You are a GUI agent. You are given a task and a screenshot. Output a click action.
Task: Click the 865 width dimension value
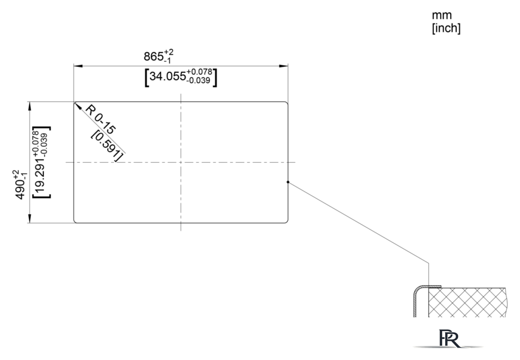[x=154, y=57]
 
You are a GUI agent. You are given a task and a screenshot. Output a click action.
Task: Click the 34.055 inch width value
[x=168, y=76]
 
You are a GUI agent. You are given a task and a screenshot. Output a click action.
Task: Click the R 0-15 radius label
[x=101, y=119]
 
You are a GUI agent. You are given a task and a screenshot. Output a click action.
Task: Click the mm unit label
[x=442, y=15]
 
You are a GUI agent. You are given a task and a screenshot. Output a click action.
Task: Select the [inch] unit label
[x=446, y=28]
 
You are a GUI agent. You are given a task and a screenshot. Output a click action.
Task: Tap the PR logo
[x=449, y=338]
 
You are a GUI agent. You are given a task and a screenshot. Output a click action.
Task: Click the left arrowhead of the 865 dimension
[x=78, y=66]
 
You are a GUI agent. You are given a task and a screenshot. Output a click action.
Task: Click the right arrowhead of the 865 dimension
[x=284, y=66]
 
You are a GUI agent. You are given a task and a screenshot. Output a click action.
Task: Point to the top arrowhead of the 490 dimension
[x=30, y=106]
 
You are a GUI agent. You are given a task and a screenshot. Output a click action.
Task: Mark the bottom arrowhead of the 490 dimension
[x=30, y=218]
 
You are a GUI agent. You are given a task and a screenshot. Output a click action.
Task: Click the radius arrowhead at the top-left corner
[x=77, y=106]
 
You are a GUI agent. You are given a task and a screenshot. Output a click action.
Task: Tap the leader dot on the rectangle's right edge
[x=288, y=182]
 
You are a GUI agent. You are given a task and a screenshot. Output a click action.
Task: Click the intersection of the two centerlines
[x=181, y=163]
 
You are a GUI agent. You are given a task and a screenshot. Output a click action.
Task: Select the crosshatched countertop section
[x=467, y=302]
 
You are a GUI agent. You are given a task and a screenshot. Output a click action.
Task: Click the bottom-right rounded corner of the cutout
[x=287, y=221]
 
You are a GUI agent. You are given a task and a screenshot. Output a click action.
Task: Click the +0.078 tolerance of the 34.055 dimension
[x=199, y=72]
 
